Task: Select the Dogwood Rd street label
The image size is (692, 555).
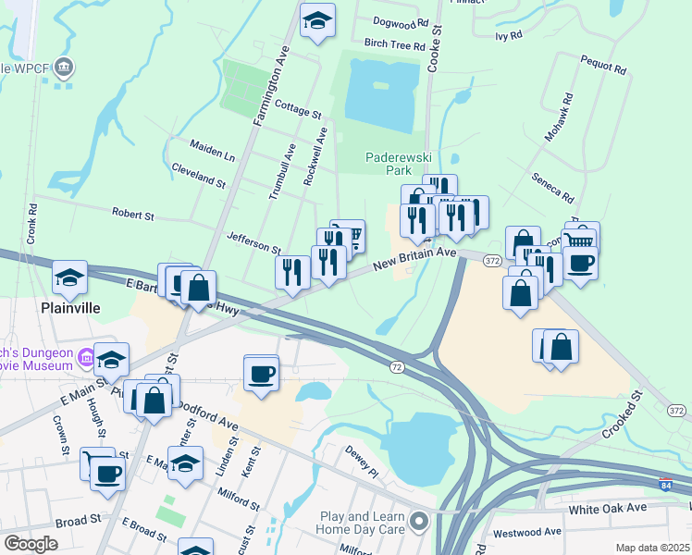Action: pyautogui.click(x=401, y=21)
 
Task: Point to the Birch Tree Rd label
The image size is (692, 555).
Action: pyautogui.click(x=394, y=44)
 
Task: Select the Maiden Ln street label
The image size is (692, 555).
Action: pyautogui.click(x=212, y=148)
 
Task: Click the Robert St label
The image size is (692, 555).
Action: pyautogui.click(x=133, y=215)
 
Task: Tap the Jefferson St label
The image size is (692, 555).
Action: pyautogui.click(x=253, y=243)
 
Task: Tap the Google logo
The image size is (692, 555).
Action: pyautogui.click(x=31, y=544)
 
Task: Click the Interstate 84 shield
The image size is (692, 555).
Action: pyautogui.click(x=667, y=484)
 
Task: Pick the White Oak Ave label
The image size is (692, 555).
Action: pyautogui.click(x=608, y=508)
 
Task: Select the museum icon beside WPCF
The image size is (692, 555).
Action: pyautogui.click(x=64, y=68)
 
